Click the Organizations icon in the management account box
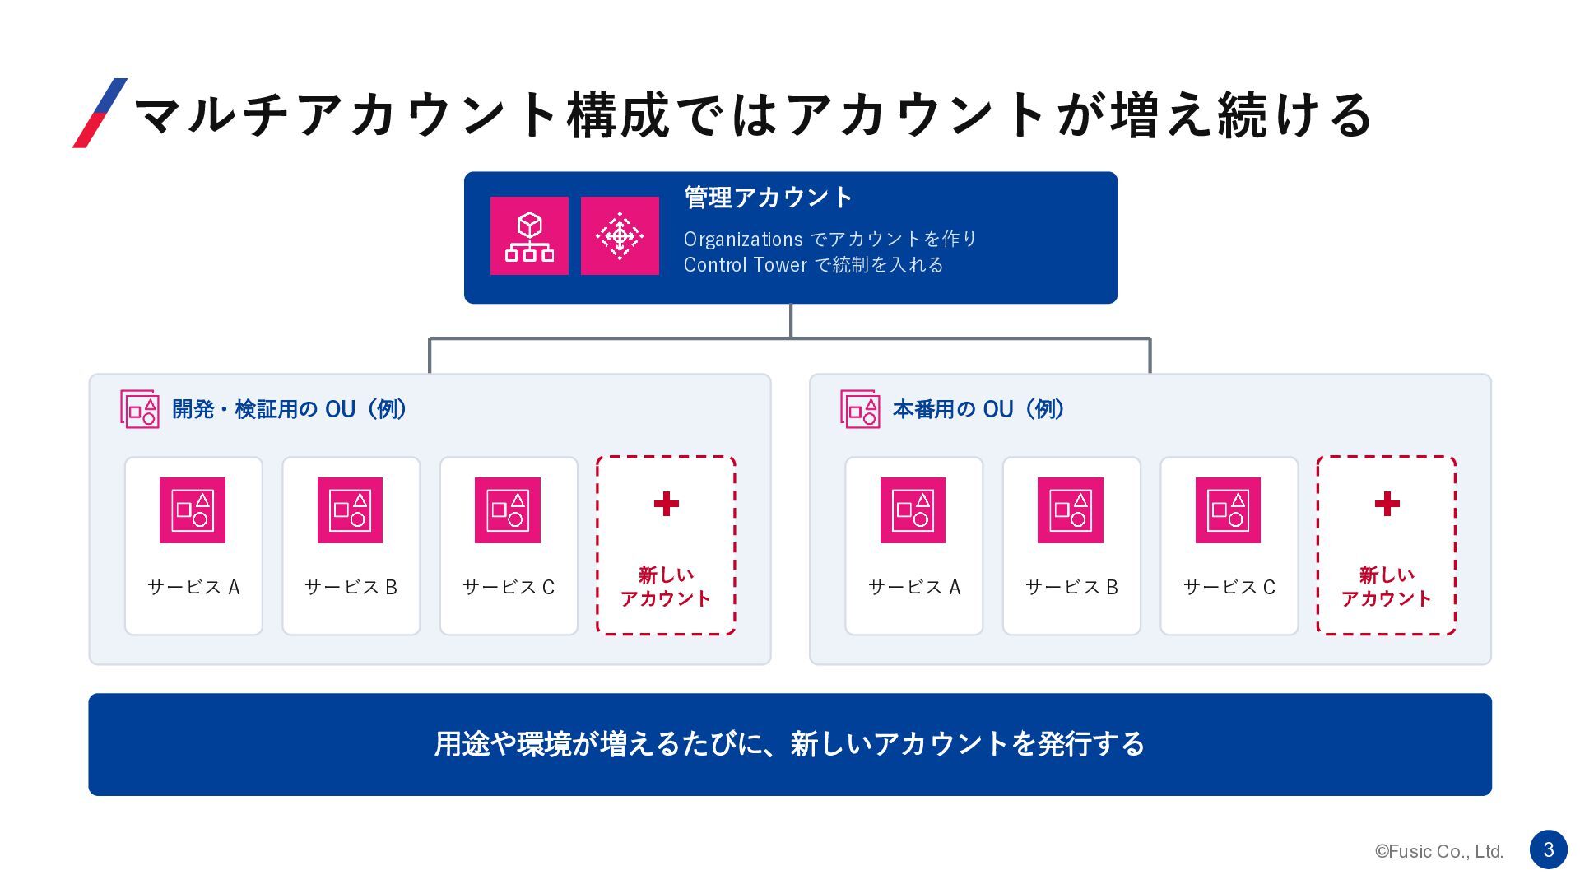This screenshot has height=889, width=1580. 529,235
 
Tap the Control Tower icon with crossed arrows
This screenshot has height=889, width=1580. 620,235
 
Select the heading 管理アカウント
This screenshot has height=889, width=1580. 768,198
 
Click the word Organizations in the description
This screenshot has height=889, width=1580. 743,240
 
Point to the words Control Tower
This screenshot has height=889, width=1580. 746,265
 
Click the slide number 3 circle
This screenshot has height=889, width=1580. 1548,849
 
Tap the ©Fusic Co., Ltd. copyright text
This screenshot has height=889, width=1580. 1439,852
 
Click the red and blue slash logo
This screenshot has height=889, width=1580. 100,113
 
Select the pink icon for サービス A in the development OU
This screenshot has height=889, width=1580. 193,510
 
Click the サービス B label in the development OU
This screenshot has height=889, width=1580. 351,587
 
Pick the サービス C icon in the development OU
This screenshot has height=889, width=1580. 508,510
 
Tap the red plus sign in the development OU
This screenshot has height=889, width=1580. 667,504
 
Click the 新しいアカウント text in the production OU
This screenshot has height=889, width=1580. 1387,586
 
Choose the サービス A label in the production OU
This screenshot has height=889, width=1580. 914,587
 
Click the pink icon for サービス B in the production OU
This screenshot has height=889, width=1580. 1071,510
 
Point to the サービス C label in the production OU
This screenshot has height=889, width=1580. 1229,587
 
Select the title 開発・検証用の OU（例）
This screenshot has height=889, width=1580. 290,409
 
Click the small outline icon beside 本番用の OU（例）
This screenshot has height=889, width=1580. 860,409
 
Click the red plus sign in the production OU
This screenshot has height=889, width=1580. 1387,504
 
